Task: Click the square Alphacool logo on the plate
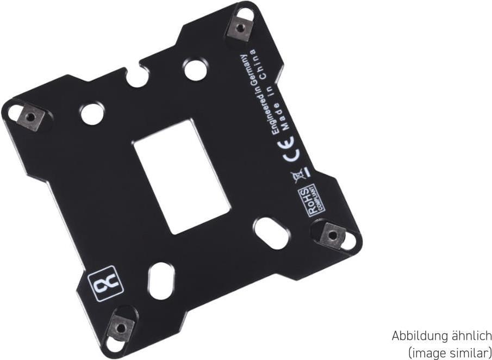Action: pyautogui.click(x=105, y=283)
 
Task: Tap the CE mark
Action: pyautogui.click(x=292, y=150)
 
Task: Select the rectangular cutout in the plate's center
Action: pyautogui.click(x=182, y=177)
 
